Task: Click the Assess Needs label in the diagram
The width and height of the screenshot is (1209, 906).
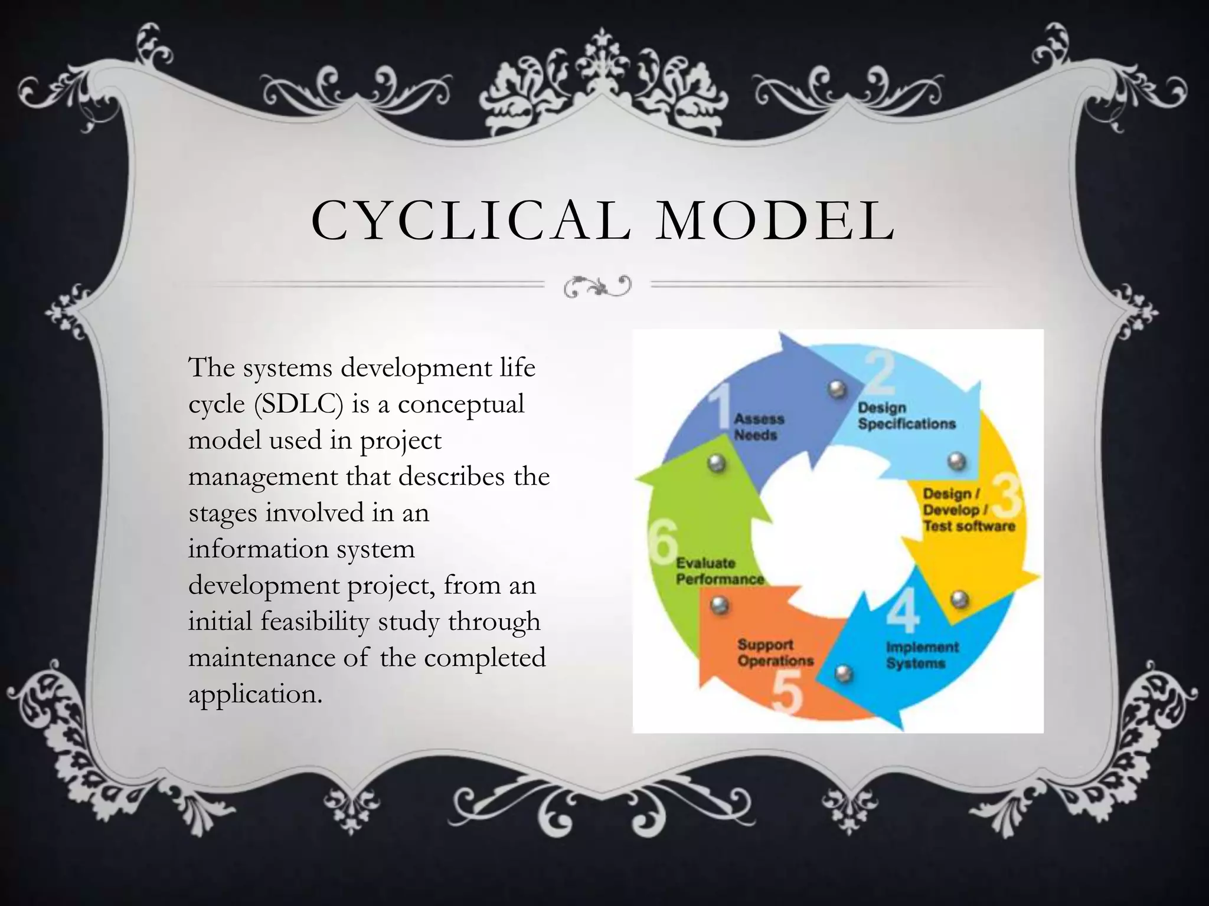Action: [x=758, y=427]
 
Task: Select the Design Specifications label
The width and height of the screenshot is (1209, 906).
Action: [x=906, y=416]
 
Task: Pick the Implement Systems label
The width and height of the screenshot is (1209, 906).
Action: [x=922, y=655]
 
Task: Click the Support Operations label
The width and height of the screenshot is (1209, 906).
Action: [x=775, y=653]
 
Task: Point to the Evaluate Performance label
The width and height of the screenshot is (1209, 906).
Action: [x=719, y=572]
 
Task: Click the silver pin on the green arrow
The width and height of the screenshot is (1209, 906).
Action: [x=717, y=462]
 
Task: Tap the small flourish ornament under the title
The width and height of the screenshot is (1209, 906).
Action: [x=597, y=286]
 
